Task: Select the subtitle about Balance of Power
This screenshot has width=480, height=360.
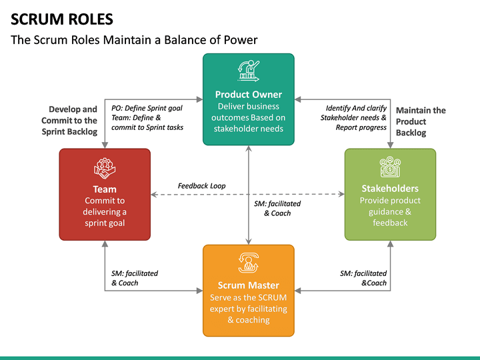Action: (x=134, y=40)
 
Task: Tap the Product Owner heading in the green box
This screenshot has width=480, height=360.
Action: (x=248, y=95)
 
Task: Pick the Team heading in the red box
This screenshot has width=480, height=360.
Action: (x=105, y=189)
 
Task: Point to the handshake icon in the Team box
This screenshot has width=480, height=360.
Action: (x=105, y=167)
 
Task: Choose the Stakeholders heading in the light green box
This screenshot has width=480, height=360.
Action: (x=390, y=189)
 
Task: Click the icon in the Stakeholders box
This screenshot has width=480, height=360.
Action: (x=390, y=167)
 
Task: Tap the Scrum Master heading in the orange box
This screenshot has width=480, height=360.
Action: (x=248, y=285)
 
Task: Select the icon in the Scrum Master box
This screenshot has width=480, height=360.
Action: (x=248, y=262)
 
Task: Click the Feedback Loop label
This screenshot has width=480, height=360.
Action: (x=201, y=185)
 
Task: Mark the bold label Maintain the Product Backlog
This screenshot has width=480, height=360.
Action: (x=420, y=121)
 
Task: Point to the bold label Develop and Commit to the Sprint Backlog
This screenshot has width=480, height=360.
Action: (x=69, y=120)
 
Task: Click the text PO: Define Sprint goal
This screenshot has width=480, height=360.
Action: (x=147, y=108)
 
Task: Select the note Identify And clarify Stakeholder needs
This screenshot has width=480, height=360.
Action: (x=356, y=113)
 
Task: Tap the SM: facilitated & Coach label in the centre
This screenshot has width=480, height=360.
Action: (x=277, y=208)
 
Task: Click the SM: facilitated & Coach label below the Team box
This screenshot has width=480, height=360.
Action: (x=134, y=278)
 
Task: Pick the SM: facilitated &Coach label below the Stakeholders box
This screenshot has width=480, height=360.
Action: (x=363, y=278)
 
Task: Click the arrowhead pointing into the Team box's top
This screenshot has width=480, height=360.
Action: (x=105, y=145)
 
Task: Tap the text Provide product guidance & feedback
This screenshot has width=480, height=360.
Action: (x=390, y=211)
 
